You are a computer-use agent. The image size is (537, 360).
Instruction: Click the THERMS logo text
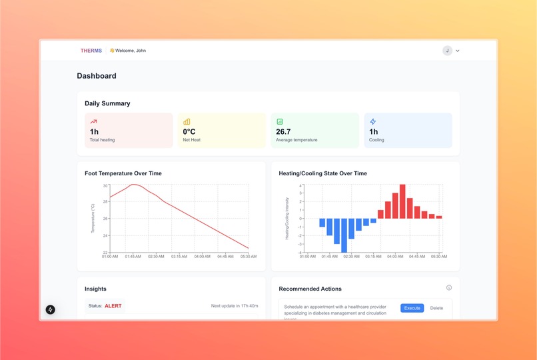click(91, 51)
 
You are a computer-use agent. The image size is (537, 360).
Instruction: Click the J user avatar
click(447, 51)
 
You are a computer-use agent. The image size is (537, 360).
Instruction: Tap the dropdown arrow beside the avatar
click(458, 51)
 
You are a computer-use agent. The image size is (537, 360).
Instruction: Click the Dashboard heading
click(97, 76)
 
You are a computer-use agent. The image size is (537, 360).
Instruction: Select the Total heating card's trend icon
click(94, 122)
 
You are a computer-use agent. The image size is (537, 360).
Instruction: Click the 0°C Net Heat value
click(189, 131)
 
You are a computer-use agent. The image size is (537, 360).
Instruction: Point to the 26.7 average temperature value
click(283, 131)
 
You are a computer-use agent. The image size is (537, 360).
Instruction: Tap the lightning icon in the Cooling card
click(373, 122)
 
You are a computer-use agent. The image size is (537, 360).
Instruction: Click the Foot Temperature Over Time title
click(123, 173)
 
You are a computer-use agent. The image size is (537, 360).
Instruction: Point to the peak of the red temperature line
click(134, 185)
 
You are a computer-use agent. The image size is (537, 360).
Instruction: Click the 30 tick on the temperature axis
click(105, 186)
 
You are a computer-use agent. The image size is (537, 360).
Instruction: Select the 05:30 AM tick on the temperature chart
click(249, 256)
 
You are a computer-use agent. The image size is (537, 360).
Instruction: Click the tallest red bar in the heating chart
click(402, 201)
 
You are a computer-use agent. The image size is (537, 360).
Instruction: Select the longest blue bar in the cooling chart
click(344, 235)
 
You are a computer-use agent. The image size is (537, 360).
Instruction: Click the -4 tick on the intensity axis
click(300, 252)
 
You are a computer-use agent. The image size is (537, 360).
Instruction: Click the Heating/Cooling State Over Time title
click(322, 173)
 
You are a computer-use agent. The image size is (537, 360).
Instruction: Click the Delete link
click(436, 308)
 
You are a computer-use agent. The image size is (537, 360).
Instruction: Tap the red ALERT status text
click(114, 306)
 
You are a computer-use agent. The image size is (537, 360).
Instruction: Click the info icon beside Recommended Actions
click(449, 288)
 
